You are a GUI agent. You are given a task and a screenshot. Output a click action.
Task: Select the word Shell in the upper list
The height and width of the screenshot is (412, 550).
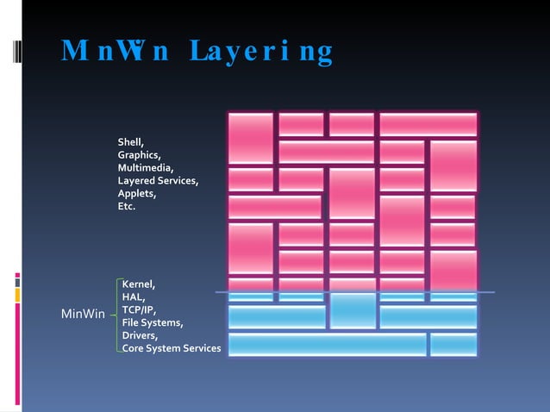(x=130, y=141)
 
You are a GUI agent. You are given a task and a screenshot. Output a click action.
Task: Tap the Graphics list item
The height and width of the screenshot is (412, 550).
(x=140, y=154)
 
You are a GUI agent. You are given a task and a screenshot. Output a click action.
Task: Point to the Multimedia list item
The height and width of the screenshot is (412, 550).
(x=146, y=167)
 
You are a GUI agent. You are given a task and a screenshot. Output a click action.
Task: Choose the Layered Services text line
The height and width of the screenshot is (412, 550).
(x=159, y=180)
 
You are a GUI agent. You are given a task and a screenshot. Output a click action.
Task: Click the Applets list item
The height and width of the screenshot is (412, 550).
(x=137, y=193)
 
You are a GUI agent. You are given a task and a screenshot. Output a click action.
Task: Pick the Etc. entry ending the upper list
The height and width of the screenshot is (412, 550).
(x=127, y=206)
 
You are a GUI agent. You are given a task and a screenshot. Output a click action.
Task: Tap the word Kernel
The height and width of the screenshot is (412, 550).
(x=139, y=284)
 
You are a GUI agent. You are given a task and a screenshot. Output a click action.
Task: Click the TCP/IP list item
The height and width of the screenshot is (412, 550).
(x=139, y=309)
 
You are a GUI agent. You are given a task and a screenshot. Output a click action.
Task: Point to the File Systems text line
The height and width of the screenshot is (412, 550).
(x=152, y=322)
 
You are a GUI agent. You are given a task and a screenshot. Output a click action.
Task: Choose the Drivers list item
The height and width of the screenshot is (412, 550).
(x=140, y=335)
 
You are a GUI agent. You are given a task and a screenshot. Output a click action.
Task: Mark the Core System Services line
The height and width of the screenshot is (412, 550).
(x=172, y=348)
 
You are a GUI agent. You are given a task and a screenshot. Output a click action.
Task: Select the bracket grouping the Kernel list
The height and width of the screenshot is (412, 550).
(x=116, y=315)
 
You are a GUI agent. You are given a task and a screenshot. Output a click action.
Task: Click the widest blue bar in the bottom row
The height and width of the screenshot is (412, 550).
(x=327, y=344)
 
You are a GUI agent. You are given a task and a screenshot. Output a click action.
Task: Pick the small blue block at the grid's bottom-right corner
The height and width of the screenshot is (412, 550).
(x=453, y=344)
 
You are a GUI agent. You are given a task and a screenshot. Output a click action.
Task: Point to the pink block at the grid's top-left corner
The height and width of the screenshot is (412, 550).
(x=251, y=138)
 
